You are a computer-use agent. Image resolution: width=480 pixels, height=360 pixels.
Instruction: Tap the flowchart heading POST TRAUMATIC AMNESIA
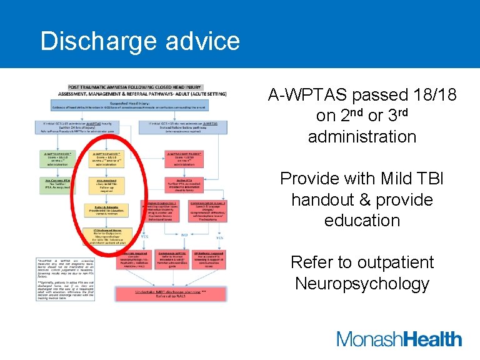tap(132, 88)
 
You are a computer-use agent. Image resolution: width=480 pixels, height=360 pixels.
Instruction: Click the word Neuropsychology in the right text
tap(362, 283)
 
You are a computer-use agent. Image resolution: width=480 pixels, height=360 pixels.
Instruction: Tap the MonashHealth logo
tap(399, 339)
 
